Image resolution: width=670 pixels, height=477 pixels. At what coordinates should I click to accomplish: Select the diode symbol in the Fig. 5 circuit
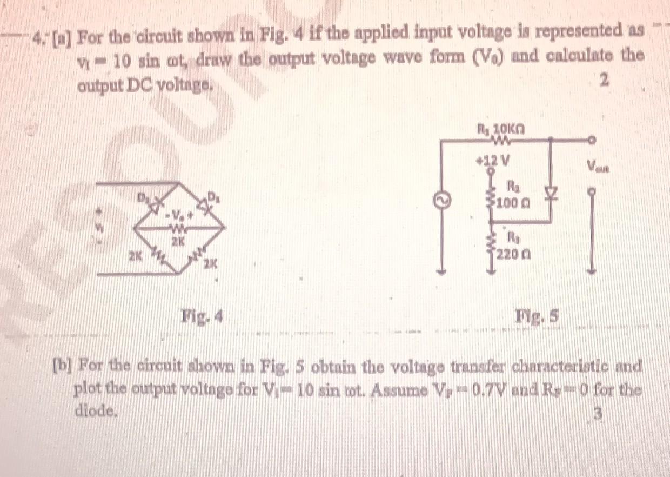(x=550, y=192)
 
